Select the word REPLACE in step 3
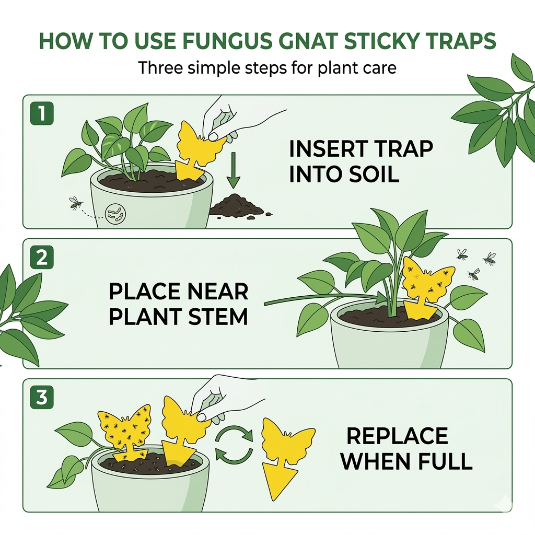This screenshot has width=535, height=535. coord(397,436)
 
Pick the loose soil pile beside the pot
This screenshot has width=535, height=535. coord(236,207)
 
